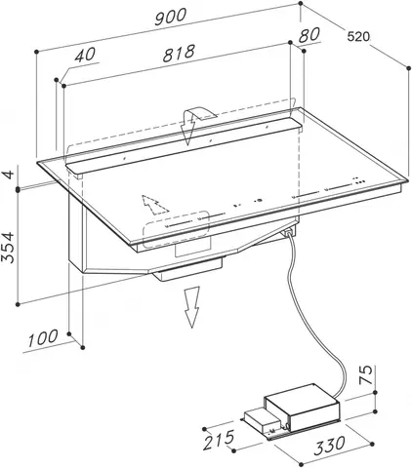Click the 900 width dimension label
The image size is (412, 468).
(x=171, y=17)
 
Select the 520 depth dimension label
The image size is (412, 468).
(x=358, y=37)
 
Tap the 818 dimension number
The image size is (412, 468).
(x=179, y=53)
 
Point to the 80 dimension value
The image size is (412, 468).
(x=309, y=35)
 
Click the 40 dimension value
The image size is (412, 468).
(x=85, y=55)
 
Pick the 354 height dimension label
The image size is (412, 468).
(x=8, y=247)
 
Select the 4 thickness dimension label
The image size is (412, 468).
(x=9, y=174)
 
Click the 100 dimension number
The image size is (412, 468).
(x=43, y=338)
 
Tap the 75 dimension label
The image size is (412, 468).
(x=366, y=374)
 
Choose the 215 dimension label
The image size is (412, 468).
(x=219, y=440)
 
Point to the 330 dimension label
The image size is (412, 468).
(x=329, y=447)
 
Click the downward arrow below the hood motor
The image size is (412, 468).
(x=191, y=307)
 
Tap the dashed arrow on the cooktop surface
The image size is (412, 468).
(x=153, y=205)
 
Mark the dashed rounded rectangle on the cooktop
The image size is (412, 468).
(x=176, y=229)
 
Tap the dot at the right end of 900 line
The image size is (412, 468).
(x=300, y=4)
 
